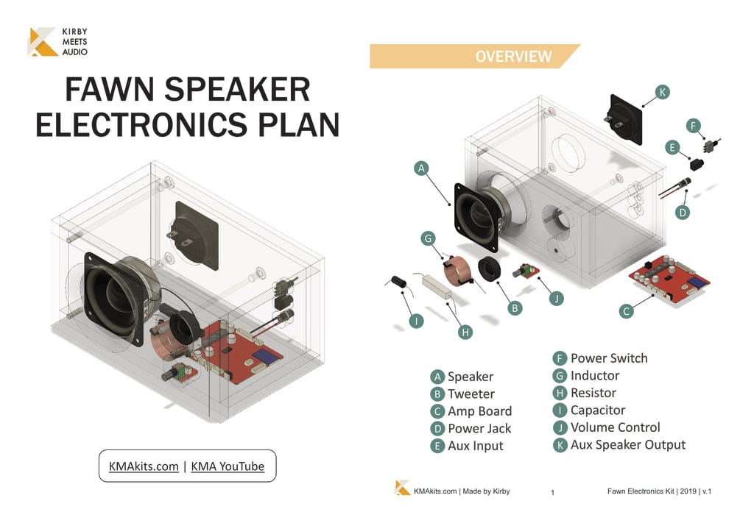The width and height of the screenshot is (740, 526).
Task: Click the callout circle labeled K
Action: point(663,92)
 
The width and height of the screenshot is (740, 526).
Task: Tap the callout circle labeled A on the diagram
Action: point(421,168)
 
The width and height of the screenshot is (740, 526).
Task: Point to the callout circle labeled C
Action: point(626,311)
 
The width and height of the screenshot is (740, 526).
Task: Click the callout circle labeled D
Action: point(683,213)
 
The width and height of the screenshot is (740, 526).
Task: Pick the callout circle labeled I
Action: point(417,321)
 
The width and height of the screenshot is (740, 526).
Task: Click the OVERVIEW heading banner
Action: point(512,57)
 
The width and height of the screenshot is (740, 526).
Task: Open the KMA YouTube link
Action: point(227,466)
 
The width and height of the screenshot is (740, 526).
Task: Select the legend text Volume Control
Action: point(615,427)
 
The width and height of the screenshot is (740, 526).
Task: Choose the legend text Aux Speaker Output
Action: point(627,445)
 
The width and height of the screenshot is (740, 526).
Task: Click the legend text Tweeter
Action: point(471,394)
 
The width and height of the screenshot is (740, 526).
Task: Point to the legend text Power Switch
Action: point(609,359)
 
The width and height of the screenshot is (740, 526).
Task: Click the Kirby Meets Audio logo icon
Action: point(43,42)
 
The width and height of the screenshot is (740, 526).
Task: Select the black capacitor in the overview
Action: point(399,282)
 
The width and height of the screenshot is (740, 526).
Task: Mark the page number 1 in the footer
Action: point(552,492)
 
